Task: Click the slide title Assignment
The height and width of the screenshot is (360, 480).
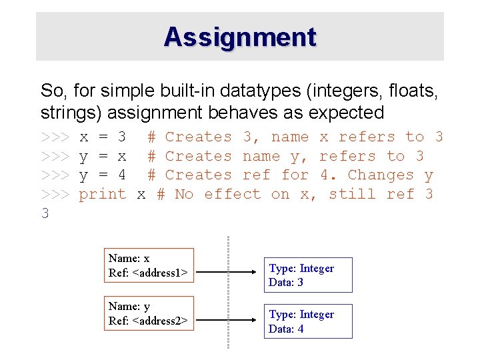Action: pos(240,37)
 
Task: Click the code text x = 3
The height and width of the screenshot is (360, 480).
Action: pos(103,137)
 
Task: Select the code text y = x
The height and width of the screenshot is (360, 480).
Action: pos(103,156)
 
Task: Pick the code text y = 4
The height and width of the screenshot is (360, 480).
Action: pos(103,175)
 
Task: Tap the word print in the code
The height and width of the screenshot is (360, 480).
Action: pos(103,194)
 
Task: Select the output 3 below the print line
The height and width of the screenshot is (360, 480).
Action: pos(45,213)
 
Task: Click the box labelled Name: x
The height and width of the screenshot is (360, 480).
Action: pos(149,265)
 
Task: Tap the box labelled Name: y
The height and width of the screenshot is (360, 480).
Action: pos(149,314)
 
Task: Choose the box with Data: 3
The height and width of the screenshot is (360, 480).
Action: pos(308,275)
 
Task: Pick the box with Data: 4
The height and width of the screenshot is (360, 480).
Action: pos(308,321)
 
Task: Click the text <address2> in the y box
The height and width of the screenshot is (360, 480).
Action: pos(159,321)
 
